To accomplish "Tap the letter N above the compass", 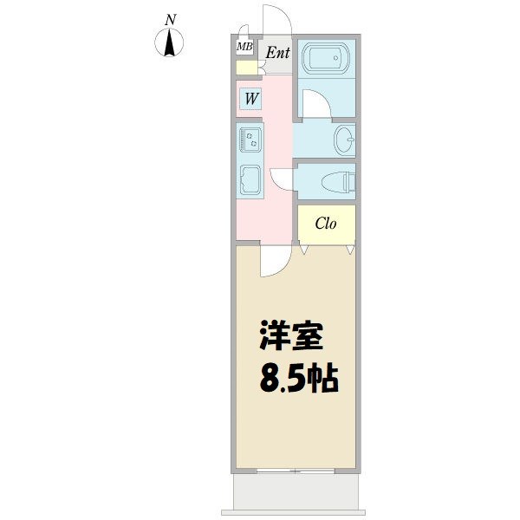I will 172,19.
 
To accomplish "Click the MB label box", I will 244,47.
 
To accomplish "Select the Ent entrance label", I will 276,53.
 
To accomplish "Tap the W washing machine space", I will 250,99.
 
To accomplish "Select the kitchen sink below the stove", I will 250,179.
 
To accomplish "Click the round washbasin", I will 345,139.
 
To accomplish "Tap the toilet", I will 339,181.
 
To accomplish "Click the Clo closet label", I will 326,224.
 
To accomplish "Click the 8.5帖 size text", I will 298,379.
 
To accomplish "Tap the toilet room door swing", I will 282,178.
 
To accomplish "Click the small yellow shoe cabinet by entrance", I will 246,68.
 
